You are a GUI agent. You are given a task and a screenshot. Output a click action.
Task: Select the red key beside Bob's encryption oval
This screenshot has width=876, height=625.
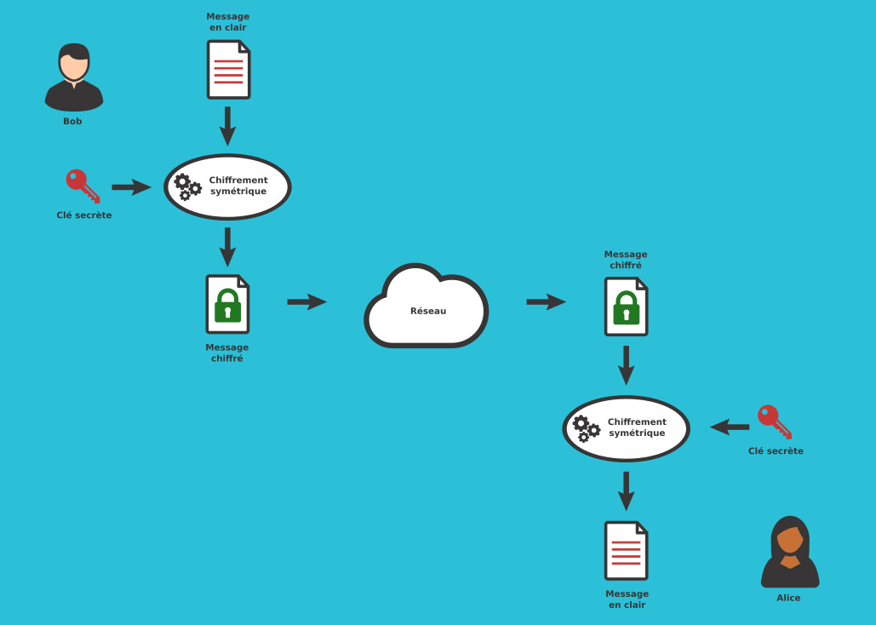83,186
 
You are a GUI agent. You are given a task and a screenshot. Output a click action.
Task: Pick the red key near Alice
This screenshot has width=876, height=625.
774,421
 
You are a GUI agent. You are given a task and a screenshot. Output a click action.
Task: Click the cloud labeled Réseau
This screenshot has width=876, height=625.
427,309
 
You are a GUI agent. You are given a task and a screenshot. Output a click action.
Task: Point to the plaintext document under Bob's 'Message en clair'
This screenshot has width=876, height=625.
228,70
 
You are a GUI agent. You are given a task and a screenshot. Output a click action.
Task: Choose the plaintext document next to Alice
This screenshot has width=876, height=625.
626,551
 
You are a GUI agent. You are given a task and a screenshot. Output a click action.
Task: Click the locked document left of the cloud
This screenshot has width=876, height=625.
227,304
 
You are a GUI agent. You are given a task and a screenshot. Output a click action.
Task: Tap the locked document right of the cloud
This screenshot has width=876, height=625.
626,307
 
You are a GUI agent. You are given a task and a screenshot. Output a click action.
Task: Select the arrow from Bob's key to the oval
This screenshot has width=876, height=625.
130,187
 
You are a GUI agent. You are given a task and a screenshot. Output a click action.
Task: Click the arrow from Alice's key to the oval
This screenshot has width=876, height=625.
730,427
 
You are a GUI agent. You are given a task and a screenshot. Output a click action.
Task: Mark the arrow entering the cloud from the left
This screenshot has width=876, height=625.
306,301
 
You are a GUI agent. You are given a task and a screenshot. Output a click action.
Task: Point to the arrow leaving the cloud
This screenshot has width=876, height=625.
546,301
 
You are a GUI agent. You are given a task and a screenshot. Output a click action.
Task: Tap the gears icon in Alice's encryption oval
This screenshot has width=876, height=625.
586,428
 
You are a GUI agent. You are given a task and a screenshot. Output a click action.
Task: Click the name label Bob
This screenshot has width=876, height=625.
72,122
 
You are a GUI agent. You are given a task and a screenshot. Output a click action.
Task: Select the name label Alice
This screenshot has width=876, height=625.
788,598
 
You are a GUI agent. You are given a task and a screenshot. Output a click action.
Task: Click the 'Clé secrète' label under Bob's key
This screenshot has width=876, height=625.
84,215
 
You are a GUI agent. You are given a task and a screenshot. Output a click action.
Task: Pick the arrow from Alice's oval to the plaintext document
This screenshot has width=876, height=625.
626,490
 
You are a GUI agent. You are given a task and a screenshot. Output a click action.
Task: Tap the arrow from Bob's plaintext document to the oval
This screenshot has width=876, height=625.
227,126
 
